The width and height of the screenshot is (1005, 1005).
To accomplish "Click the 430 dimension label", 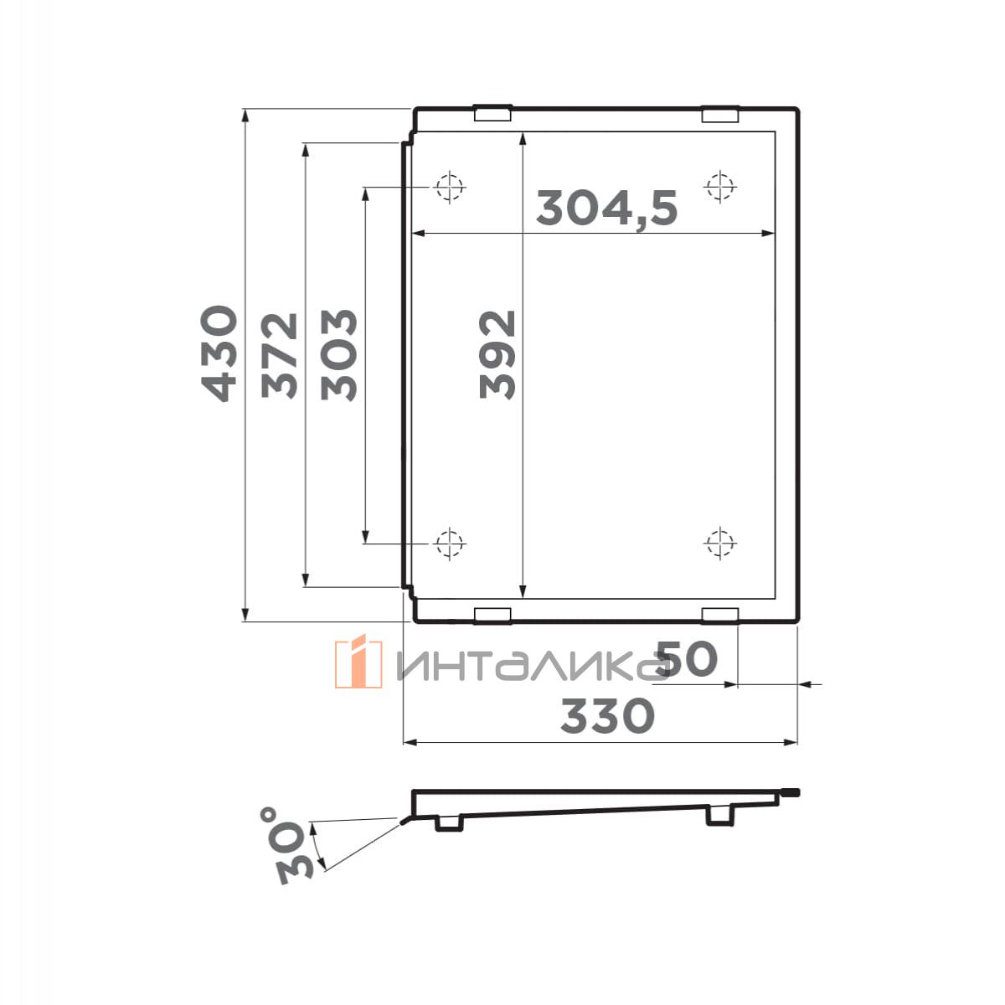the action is [219, 353].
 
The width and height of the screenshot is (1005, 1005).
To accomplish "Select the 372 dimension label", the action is [280, 356].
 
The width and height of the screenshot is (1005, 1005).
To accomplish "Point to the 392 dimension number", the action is [497, 354].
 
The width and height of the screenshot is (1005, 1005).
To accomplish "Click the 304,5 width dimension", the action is [607, 208].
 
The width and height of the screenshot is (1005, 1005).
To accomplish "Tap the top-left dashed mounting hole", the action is [450, 186].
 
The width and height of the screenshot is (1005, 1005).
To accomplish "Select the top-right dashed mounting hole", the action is [720, 186].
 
